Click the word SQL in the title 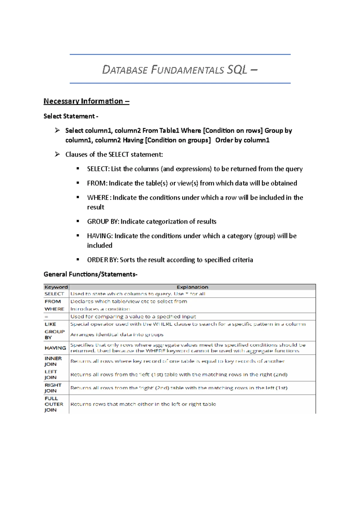(x=237, y=70)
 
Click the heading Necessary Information (x=86, y=101)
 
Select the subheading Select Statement (x=70, y=116)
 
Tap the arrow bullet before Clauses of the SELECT (x=57, y=154)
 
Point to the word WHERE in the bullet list (x=98, y=198)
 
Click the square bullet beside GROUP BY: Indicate (x=78, y=221)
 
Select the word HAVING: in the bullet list (x=100, y=236)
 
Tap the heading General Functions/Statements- (x=90, y=274)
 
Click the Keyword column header (x=56, y=287)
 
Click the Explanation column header (x=192, y=287)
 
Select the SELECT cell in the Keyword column (x=54, y=294)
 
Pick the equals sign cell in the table (x=46, y=317)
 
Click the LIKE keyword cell (x=50, y=324)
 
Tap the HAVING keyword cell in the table (x=55, y=348)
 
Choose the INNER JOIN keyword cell (x=53, y=361)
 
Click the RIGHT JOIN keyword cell (x=53, y=388)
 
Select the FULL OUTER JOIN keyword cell (x=54, y=404)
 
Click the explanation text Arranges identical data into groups (x=117, y=335)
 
